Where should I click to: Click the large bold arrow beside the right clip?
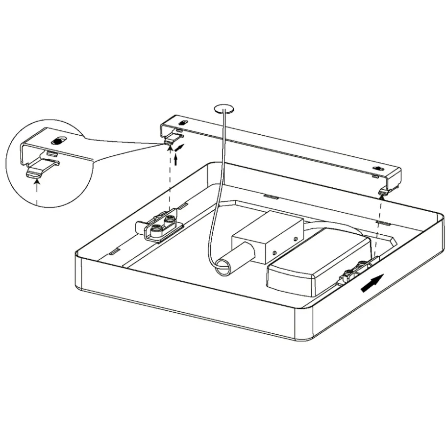point(372,283)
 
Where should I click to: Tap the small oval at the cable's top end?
point(225,108)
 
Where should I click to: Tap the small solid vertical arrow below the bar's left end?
point(175,160)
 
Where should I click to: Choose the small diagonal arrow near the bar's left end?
point(181,147)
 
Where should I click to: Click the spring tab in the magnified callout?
point(42,167)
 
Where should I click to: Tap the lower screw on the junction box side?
point(274,252)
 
